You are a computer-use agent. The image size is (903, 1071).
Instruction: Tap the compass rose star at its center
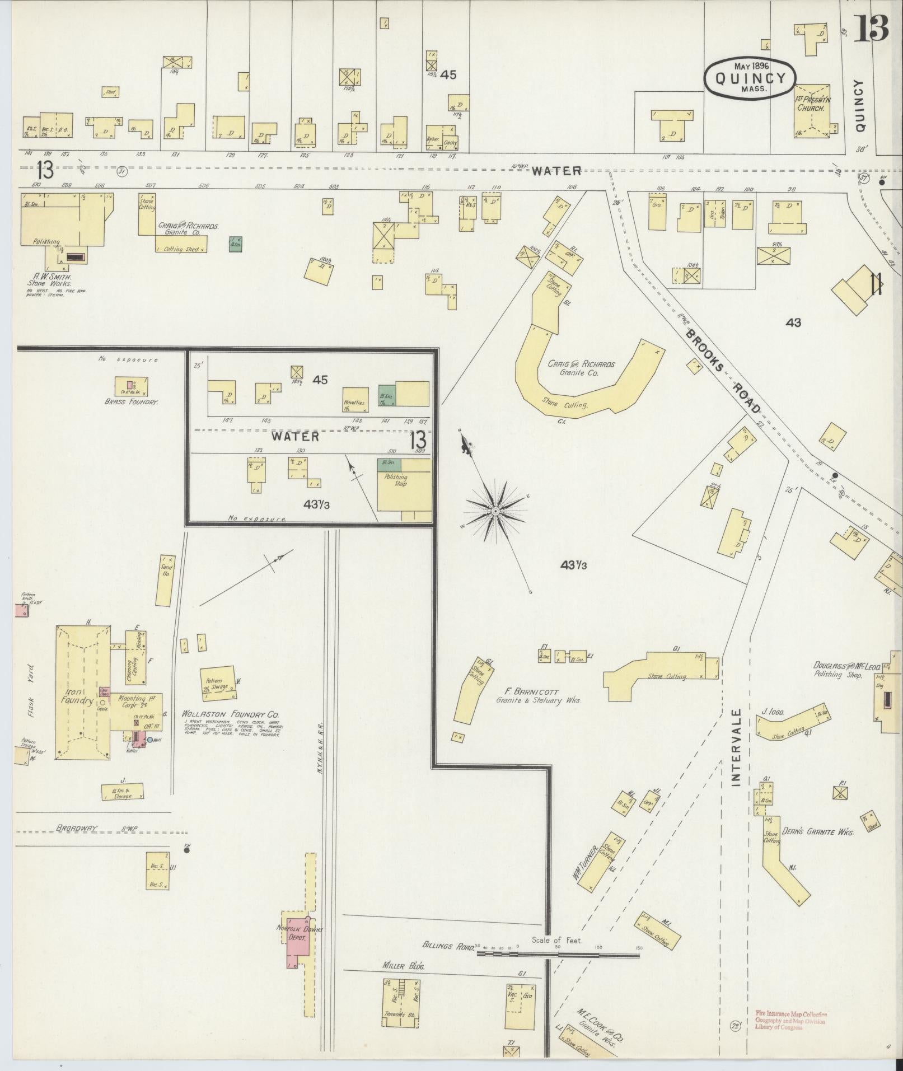coord(495,511)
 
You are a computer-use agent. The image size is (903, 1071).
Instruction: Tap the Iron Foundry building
coord(82,693)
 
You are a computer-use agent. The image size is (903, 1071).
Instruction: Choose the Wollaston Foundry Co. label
coord(230,715)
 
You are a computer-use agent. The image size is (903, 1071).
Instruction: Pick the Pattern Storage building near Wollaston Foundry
coord(217,682)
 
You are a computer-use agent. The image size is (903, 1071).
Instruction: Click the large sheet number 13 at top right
coord(871,29)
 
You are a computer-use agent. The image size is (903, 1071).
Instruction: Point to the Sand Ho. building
coord(165,581)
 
